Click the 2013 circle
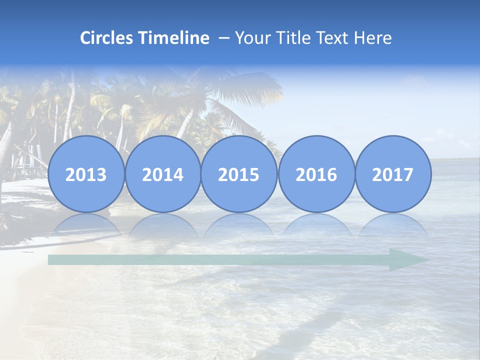point(86,174)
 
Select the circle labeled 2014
point(163,174)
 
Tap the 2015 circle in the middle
point(239,174)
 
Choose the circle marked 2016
point(316,174)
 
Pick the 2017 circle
point(393,174)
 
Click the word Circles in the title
point(106,38)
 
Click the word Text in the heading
point(330,38)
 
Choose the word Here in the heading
point(372,38)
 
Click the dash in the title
point(224,38)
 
